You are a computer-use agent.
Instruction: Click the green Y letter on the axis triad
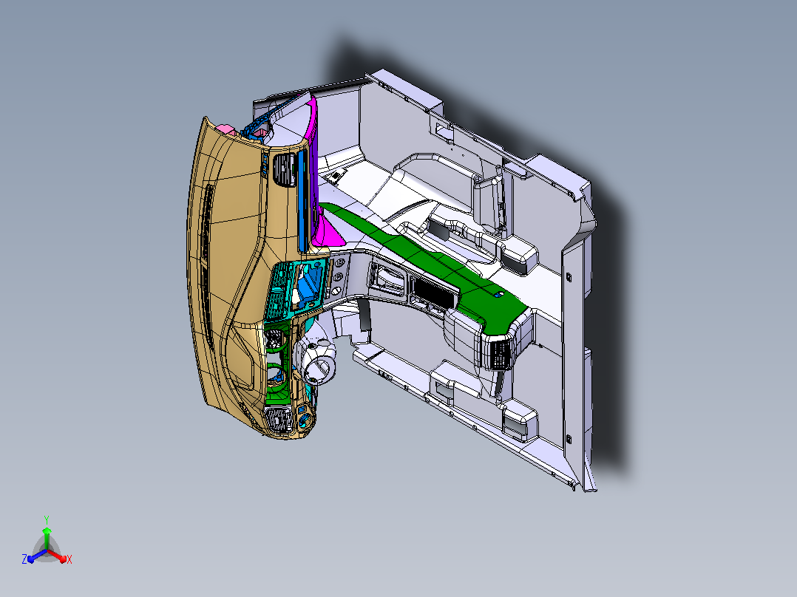coord(47,519)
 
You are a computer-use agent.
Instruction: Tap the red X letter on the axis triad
coord(69,559)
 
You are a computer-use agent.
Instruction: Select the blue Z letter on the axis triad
coord(24,559)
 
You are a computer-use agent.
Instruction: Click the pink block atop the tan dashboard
coord(224,129)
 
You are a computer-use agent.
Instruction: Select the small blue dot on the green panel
coord(497,294)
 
